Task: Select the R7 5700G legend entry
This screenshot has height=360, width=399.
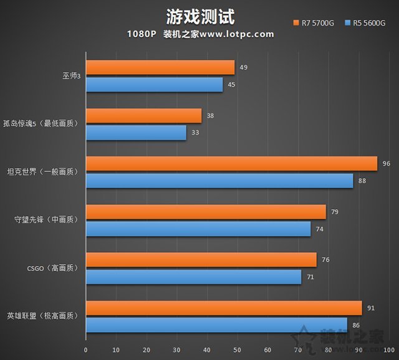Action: [x=314, y=23]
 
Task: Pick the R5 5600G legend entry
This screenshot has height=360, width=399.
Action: [x=364, y=23]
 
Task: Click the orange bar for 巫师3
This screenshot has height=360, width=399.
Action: [x=160, y=67]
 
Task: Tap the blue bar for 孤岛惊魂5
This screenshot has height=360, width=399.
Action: [x=136, y=132]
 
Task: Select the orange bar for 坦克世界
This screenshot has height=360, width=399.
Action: [x=231, y=164]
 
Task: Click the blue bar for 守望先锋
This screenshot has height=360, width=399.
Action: [x=198, y=229]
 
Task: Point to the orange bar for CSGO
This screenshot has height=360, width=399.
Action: [x=201, y=260]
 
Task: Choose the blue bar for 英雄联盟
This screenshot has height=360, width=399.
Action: [x=216, y=324]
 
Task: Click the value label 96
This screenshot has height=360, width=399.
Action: [x=386, y=164]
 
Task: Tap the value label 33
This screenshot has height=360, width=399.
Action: [x=195, y=132]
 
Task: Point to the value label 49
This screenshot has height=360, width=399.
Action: [x=243, y=67]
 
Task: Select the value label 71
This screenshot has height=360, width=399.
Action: [x=310, y=277]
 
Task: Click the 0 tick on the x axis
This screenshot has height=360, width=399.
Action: [x=86, y=349]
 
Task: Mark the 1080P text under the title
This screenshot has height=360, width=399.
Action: [x=142, y=34]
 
